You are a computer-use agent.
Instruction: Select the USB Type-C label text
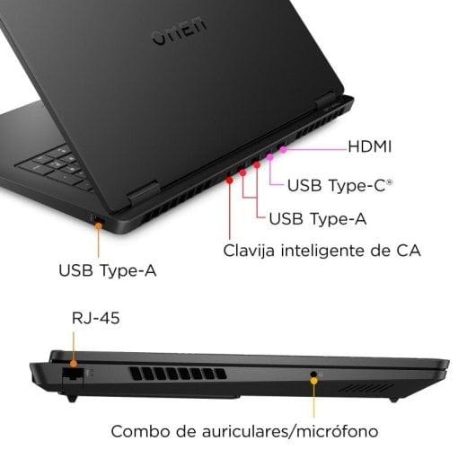pos(339,186)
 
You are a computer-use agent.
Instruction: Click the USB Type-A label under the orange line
pos(108,269)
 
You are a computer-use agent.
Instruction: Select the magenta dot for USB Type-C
pos(270,157)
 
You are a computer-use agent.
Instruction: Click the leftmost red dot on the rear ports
pos(229,180)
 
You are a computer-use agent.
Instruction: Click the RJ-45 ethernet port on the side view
pos(73,375)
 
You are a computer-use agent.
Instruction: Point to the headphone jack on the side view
pos(314,375)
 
